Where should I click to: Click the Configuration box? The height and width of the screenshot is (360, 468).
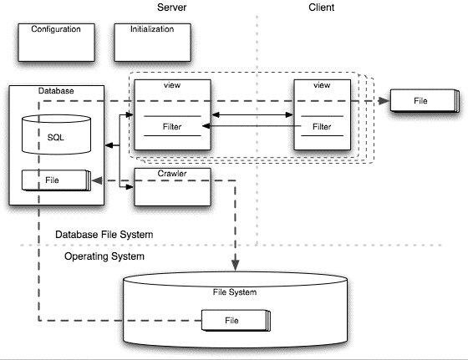click(x=57, y=43)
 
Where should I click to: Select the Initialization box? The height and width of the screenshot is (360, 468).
click(x=152, y=43)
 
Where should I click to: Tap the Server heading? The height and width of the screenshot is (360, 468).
click(x=171, y=8)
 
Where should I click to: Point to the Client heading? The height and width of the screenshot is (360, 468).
click(x=321, y=8)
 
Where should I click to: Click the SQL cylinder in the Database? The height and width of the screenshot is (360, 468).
click(x=57, y=134)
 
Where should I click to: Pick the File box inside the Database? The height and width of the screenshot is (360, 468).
click(x=56, y=180)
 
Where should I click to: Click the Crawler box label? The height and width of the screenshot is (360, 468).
click(x=172, y=173)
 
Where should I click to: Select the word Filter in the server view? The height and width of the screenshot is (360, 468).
click(x=172, y=127)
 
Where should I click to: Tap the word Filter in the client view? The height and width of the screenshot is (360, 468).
click(x=322, y=127)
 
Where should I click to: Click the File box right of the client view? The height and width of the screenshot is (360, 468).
click(x=425, y=101)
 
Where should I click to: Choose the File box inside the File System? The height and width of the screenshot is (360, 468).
click(x=236, y=321)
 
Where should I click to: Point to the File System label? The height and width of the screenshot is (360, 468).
click(x=235, y=292)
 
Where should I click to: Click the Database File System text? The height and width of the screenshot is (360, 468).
click(x=104, y=235)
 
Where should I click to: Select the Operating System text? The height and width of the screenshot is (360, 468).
click(x=104, y=256)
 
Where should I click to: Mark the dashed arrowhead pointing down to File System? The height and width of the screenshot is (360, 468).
click(x=236, y=265)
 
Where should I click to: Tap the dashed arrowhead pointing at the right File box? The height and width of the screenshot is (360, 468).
click(x=384, y=101)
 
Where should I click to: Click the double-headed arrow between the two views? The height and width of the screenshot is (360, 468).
click(x=252, y=114)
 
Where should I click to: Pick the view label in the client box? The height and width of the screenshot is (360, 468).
click(x=322, y=85)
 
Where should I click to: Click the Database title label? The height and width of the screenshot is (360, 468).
click(x=56, y=91)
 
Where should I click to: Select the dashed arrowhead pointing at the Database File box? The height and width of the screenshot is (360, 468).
click(x=97, y=180)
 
